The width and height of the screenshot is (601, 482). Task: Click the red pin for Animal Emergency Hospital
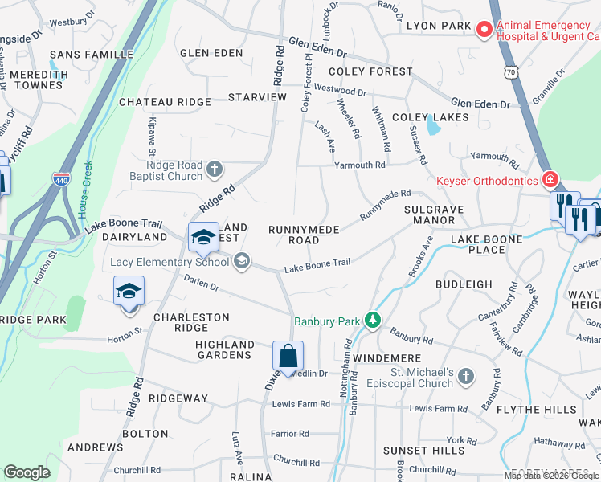coord(484,31)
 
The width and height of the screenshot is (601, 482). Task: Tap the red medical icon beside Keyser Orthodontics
coord(550,180)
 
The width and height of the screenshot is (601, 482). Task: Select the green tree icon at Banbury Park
coord(372,321)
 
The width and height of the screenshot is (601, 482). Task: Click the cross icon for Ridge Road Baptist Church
coord(214,169)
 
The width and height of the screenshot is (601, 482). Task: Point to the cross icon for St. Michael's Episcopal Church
coord(466,376)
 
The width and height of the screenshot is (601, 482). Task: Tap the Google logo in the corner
coord(27,472)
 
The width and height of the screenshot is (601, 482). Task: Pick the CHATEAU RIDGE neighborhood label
coord(165,102)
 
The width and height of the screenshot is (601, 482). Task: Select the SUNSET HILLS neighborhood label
coord(423,451)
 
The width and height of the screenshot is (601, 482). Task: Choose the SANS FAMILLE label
coord(92,55)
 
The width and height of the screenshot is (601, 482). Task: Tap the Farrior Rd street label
coord(291,433)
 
